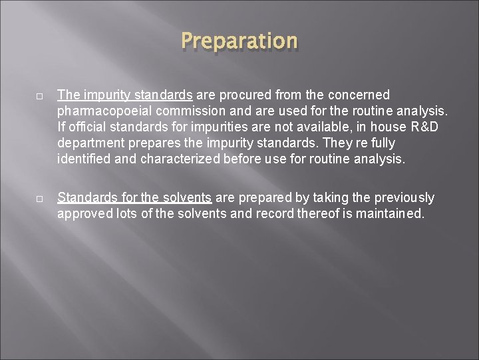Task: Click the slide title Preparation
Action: [239, 41]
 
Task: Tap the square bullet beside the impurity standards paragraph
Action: [40, 95]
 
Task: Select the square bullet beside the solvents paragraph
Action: [40, 198]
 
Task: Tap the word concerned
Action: [357, 95]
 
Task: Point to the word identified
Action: [83, 159]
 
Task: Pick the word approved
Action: [82, 213]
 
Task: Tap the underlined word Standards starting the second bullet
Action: [85, 197]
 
